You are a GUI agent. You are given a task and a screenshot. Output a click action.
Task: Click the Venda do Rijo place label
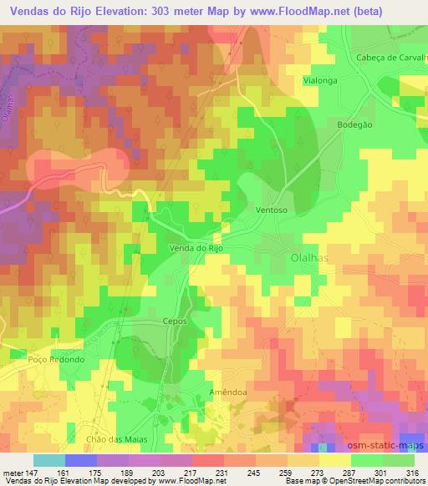click(198, 247)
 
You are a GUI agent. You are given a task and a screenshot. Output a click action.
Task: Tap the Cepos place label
click(174, 321)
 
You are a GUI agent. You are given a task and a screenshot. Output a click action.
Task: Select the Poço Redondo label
click(57, 359)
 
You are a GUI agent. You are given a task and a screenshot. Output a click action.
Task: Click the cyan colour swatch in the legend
click(48, 460)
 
